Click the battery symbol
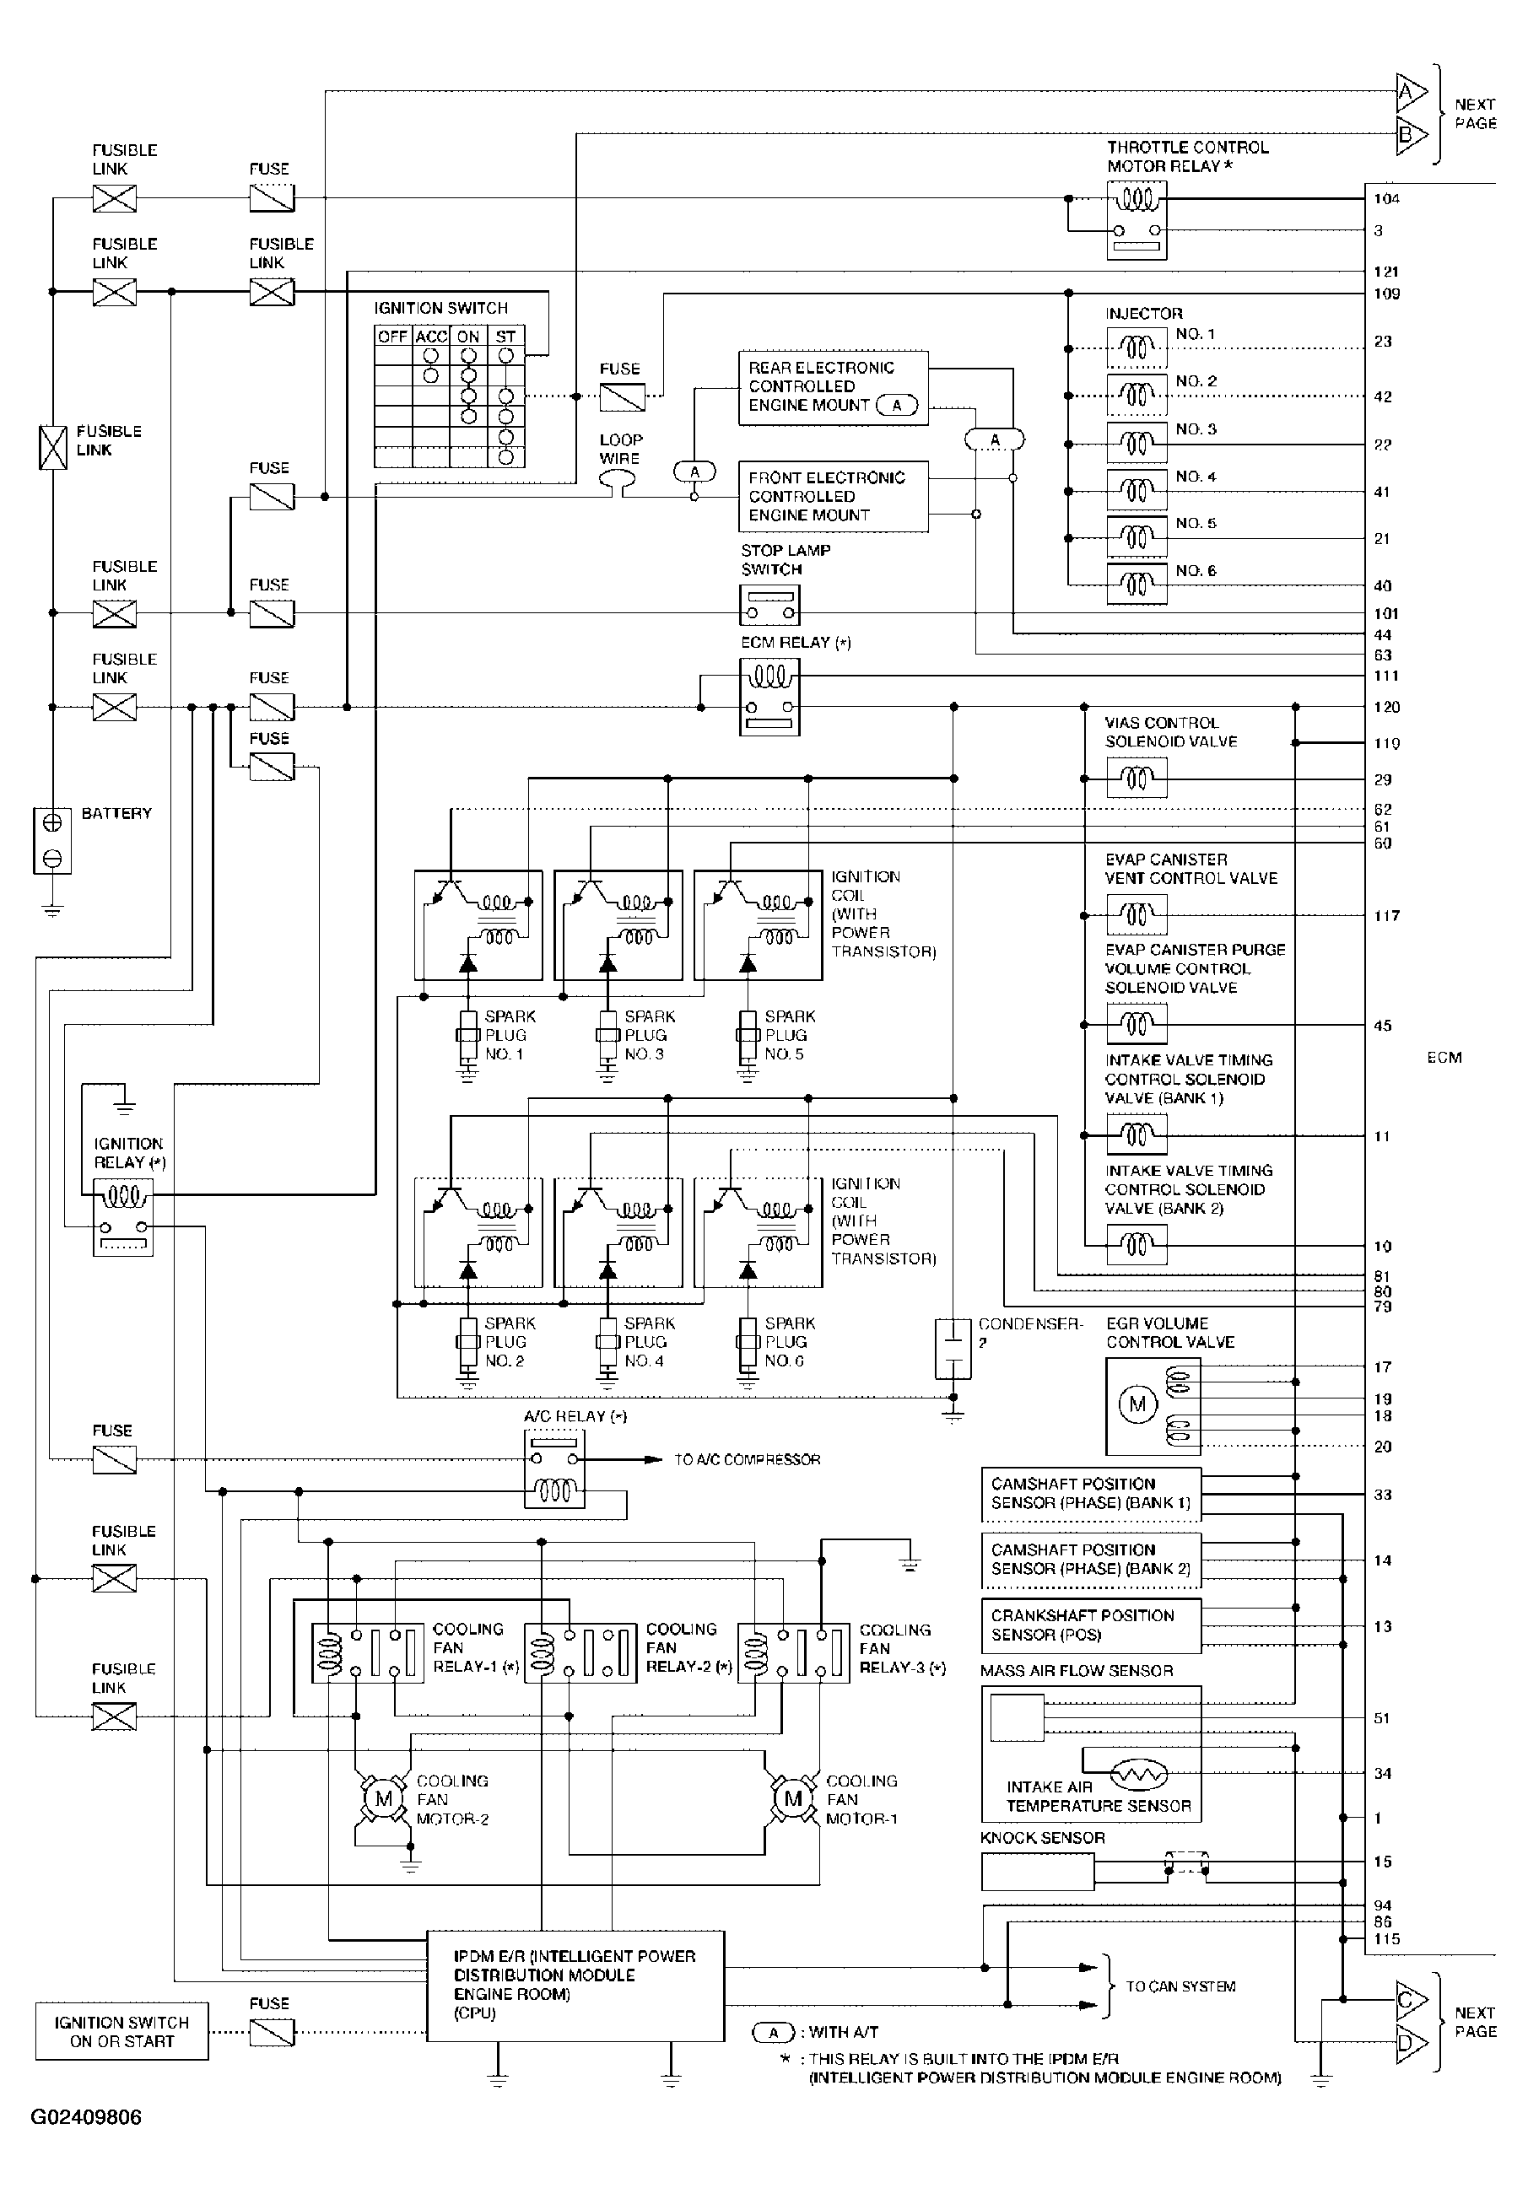(52, 839)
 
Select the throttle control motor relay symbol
(1137, 221)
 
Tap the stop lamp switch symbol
(770, 604)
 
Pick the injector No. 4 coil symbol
(1137, 492)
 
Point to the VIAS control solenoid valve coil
(1137, 779)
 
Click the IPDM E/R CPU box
(575, 1986)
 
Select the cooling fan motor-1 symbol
(793, 1798)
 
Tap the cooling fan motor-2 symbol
(383, 1798)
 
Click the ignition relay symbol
(123, 1217)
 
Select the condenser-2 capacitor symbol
(953, 1348)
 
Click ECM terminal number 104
(1387, 198)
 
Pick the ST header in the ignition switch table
(505, 337)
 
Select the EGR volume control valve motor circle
(1137, 1404)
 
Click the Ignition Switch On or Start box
(122, 2032)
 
